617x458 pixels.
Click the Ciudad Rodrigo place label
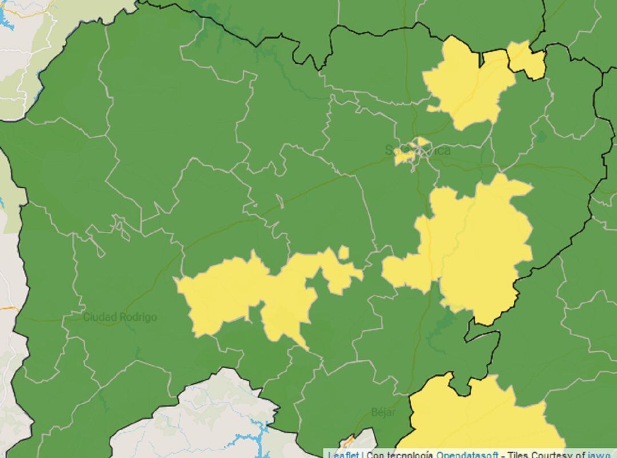pos(120,317)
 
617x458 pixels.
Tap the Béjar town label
pos(383,412)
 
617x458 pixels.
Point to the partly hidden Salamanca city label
pos(418,150)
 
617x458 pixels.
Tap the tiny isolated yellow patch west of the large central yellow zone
pos(343,252)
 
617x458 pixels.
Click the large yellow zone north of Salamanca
pos(466,86)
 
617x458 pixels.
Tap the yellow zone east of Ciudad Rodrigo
pos(229,292)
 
